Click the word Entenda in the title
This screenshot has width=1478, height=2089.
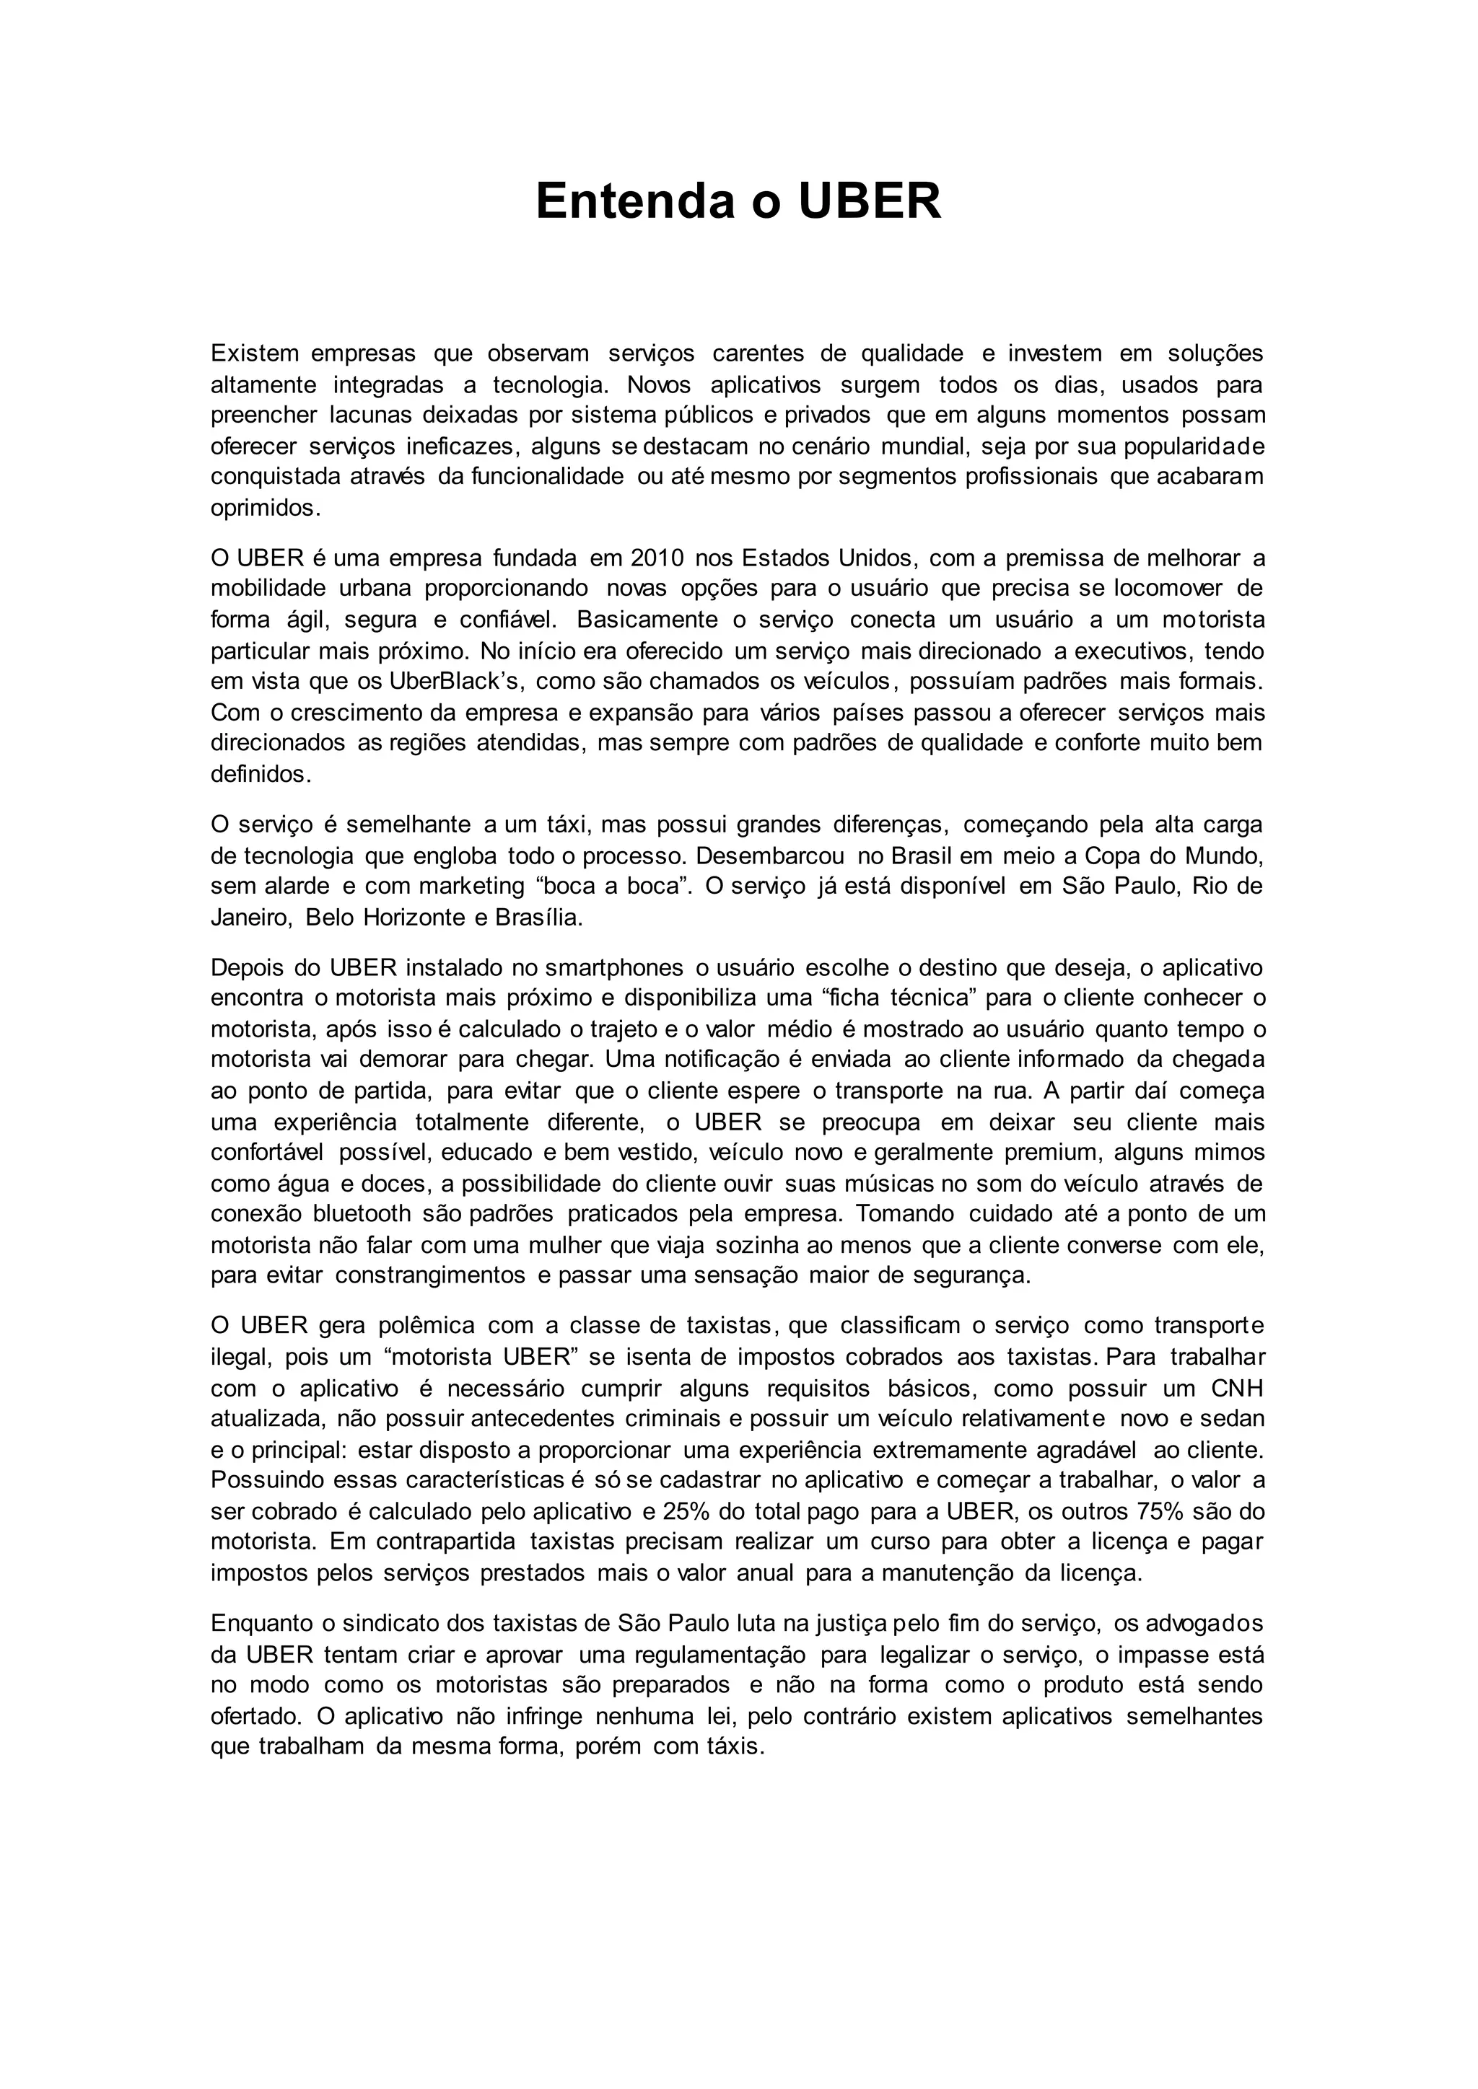click(634, 201)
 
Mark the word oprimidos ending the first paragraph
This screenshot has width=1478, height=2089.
click(265, 508)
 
